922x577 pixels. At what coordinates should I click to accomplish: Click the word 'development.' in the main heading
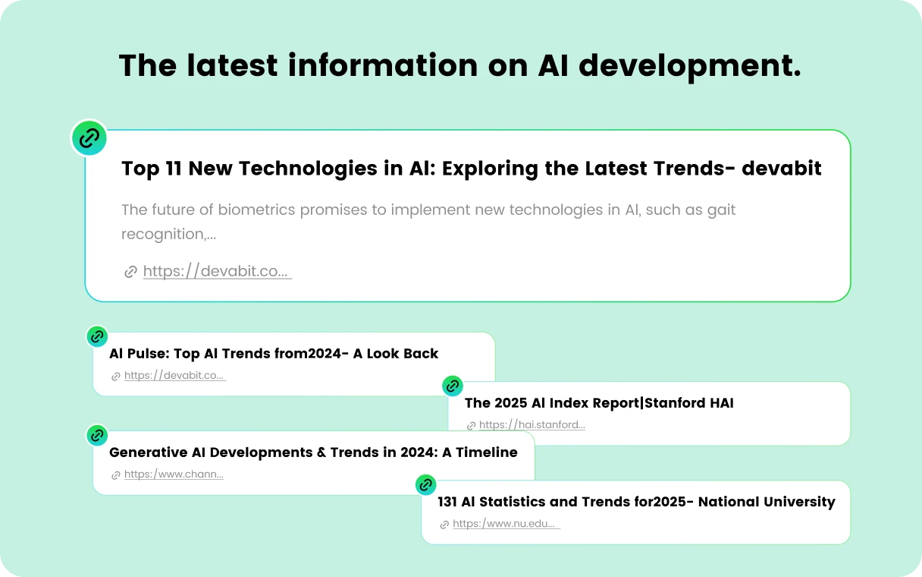coord(690,66)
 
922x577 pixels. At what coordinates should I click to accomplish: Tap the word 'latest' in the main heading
coord(232,65)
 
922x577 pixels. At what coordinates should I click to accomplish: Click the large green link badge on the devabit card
coord(89,137)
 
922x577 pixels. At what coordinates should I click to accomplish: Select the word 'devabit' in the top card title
coord(781,168)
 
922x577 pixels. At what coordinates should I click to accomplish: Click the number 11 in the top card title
coord(174,168)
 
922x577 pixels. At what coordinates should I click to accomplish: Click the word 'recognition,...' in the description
coord(169,234)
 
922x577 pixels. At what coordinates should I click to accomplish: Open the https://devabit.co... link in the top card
coord(215,271)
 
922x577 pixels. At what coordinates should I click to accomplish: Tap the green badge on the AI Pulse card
coord(97,337)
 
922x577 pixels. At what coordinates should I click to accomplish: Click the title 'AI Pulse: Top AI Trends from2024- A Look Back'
coord(273,354)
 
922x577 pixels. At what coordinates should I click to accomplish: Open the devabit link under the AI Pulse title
coord(174,376)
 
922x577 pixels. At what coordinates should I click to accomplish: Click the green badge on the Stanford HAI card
coord(453,386)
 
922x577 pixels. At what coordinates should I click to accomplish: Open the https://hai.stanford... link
coord(532,425)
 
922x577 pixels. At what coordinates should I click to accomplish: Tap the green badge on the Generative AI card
coord(97,435)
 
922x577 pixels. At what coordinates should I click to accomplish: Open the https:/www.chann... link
coord(174,475)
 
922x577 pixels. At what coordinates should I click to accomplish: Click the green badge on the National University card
coord(425,484)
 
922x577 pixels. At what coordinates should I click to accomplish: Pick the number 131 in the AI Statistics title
coord(447,502)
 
